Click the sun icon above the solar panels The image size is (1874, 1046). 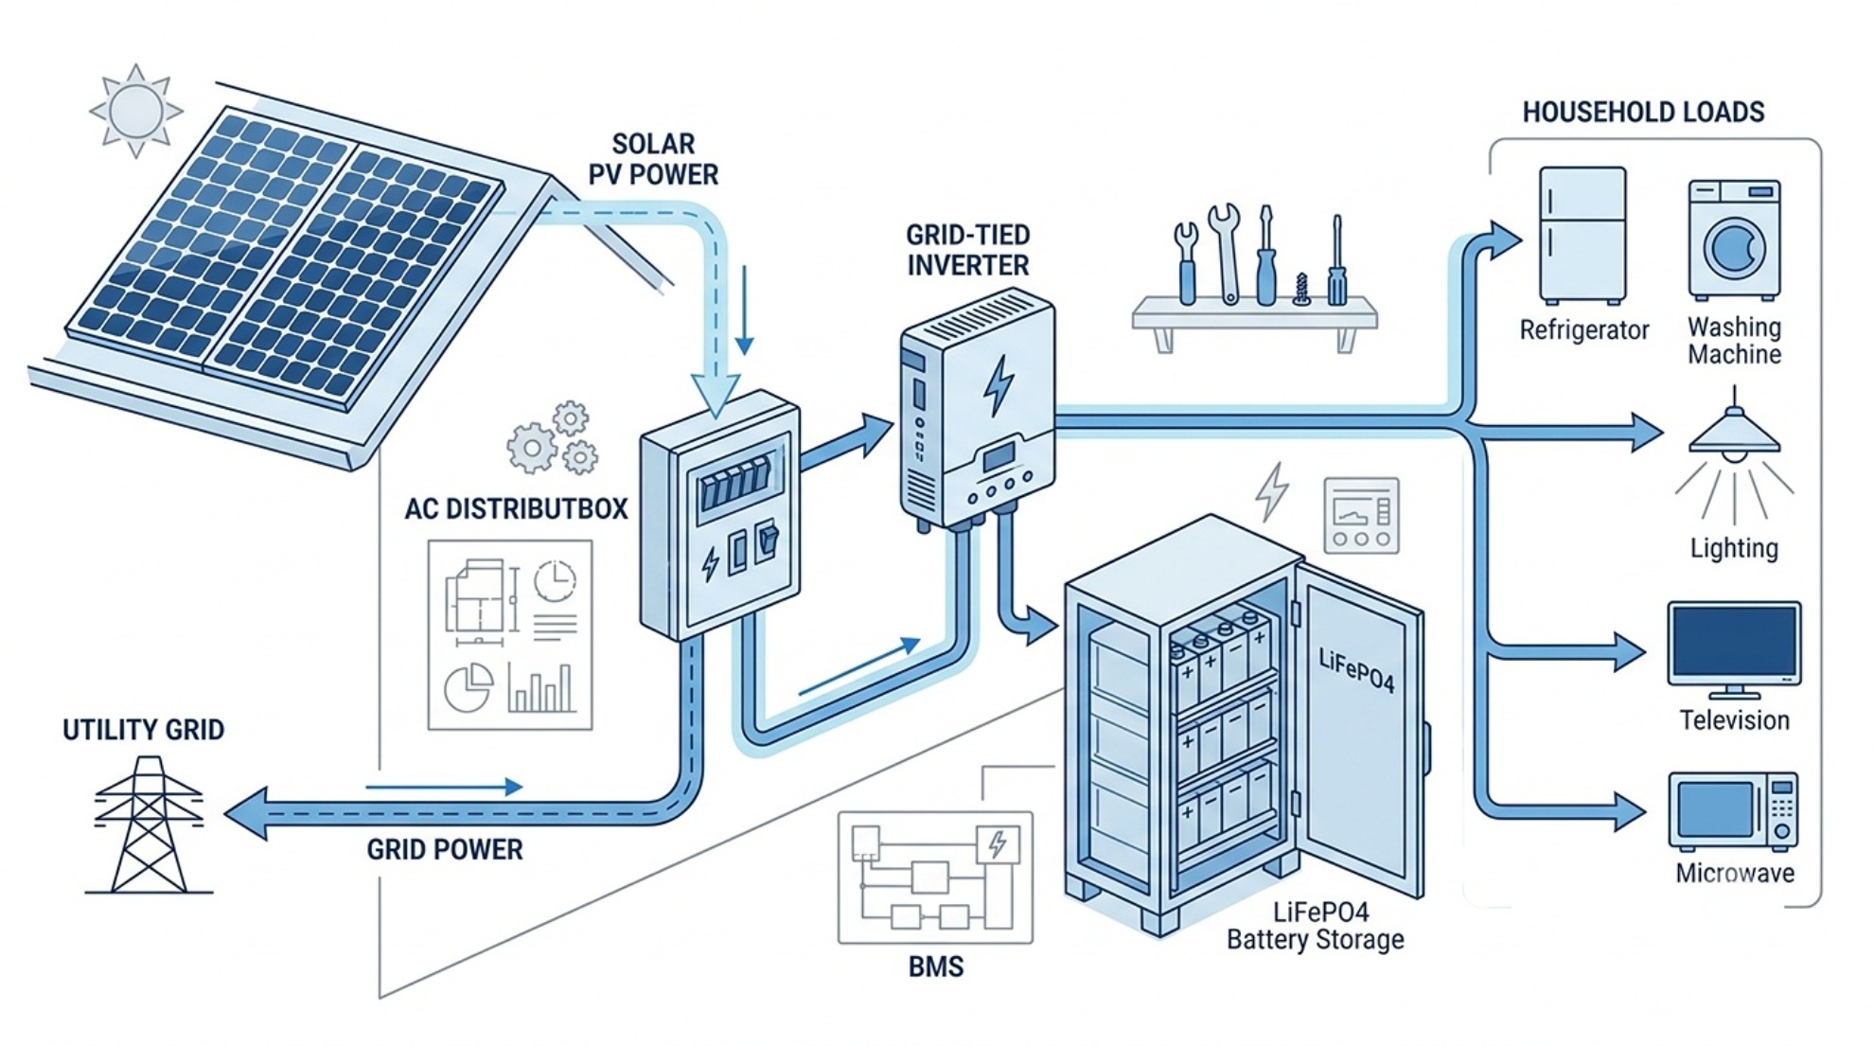tap(136, 111)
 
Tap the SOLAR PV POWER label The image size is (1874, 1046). tap(653, 159)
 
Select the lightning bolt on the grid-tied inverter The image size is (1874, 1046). tap(998, 385)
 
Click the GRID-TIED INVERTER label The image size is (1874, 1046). tap(967, 250)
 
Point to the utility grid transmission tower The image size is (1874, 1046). tap(149, 824)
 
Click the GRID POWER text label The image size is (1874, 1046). tap(445, 849)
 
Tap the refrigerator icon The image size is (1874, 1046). tap(1582, 236)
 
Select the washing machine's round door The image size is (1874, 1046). tap(1735, 247)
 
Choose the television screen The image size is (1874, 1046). tap(1734, 642)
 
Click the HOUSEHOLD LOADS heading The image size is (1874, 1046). tap(1643, 113)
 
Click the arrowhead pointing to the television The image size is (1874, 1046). tap(1630, 652)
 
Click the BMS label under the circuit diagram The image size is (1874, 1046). tap(936, 966)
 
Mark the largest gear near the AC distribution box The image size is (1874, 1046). tap(531, 448)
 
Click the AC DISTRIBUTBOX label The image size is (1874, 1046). tap(516, 509)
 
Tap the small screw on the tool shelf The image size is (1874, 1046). tap(1301, 289)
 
